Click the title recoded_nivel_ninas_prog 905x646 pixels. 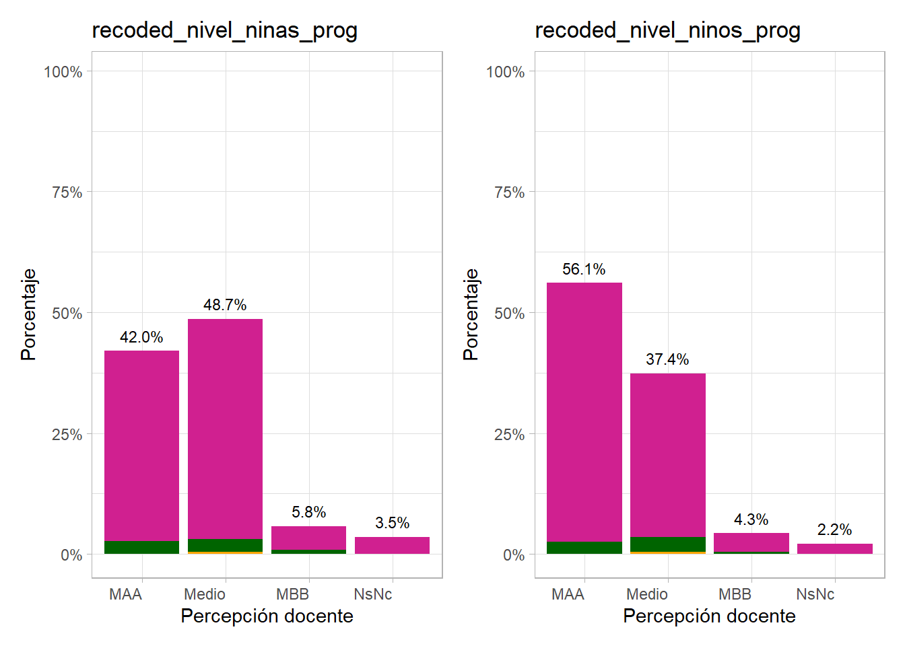click(x=224, y=30)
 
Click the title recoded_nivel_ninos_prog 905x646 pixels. click(x=667, y=30)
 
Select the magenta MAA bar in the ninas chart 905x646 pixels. click(x=141, y=444)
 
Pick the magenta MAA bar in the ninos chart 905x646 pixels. click(x=584, y=410)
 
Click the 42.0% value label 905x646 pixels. click(x=141, y=337)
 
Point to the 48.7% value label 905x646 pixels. click(x=225, y=305)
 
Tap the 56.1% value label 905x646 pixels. click(x=584, y=269)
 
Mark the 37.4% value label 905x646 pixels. click(x=667, y=359)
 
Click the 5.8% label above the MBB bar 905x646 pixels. click(x=308, y=512)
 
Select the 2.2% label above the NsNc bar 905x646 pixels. click(x=834, y=530)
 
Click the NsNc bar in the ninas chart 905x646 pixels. click(x=392, y=545)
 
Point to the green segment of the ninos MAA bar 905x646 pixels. click(x=584, y=548)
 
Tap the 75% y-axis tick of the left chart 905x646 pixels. click(x=67, y=192)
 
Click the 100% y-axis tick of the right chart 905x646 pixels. click(x=505, y=72)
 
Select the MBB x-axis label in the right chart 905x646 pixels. click(x=735, y=594)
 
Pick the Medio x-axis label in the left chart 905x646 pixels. click(x=205, y=594)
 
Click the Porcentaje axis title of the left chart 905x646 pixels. click(x=28, y=314)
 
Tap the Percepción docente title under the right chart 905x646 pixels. click(x=709, y=616)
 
